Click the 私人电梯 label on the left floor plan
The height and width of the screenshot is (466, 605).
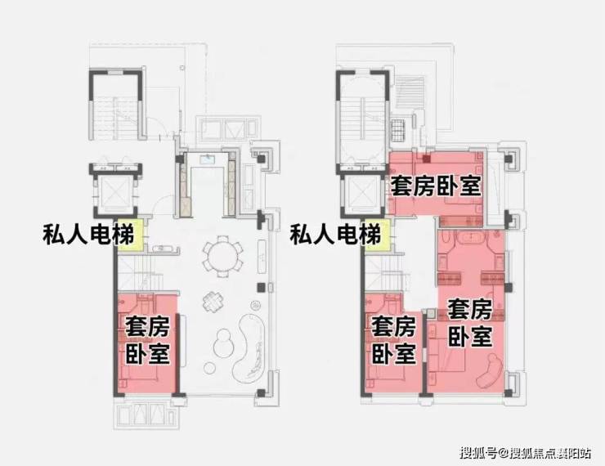pos(88,234)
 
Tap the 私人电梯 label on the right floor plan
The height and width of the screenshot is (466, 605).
pos(335,234)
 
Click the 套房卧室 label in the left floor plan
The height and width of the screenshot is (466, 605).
pos(147,340)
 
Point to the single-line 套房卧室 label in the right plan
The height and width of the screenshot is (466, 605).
pos(436,186)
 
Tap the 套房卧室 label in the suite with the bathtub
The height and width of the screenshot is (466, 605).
pos(470,322)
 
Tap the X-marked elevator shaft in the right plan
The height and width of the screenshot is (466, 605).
pos(362,193)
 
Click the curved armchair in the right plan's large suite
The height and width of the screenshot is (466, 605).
pos(489,370)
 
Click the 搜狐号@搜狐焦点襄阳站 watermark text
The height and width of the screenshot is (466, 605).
pos(525,452)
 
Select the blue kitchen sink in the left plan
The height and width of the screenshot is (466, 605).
pos(208,158)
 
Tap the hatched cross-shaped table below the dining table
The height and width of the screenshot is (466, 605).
pos(213,301)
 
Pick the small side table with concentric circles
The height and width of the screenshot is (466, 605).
pos(254,306)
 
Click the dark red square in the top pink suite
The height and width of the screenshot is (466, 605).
pos(426,158)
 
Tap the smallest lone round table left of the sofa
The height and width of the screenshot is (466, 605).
pos(210,368)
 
